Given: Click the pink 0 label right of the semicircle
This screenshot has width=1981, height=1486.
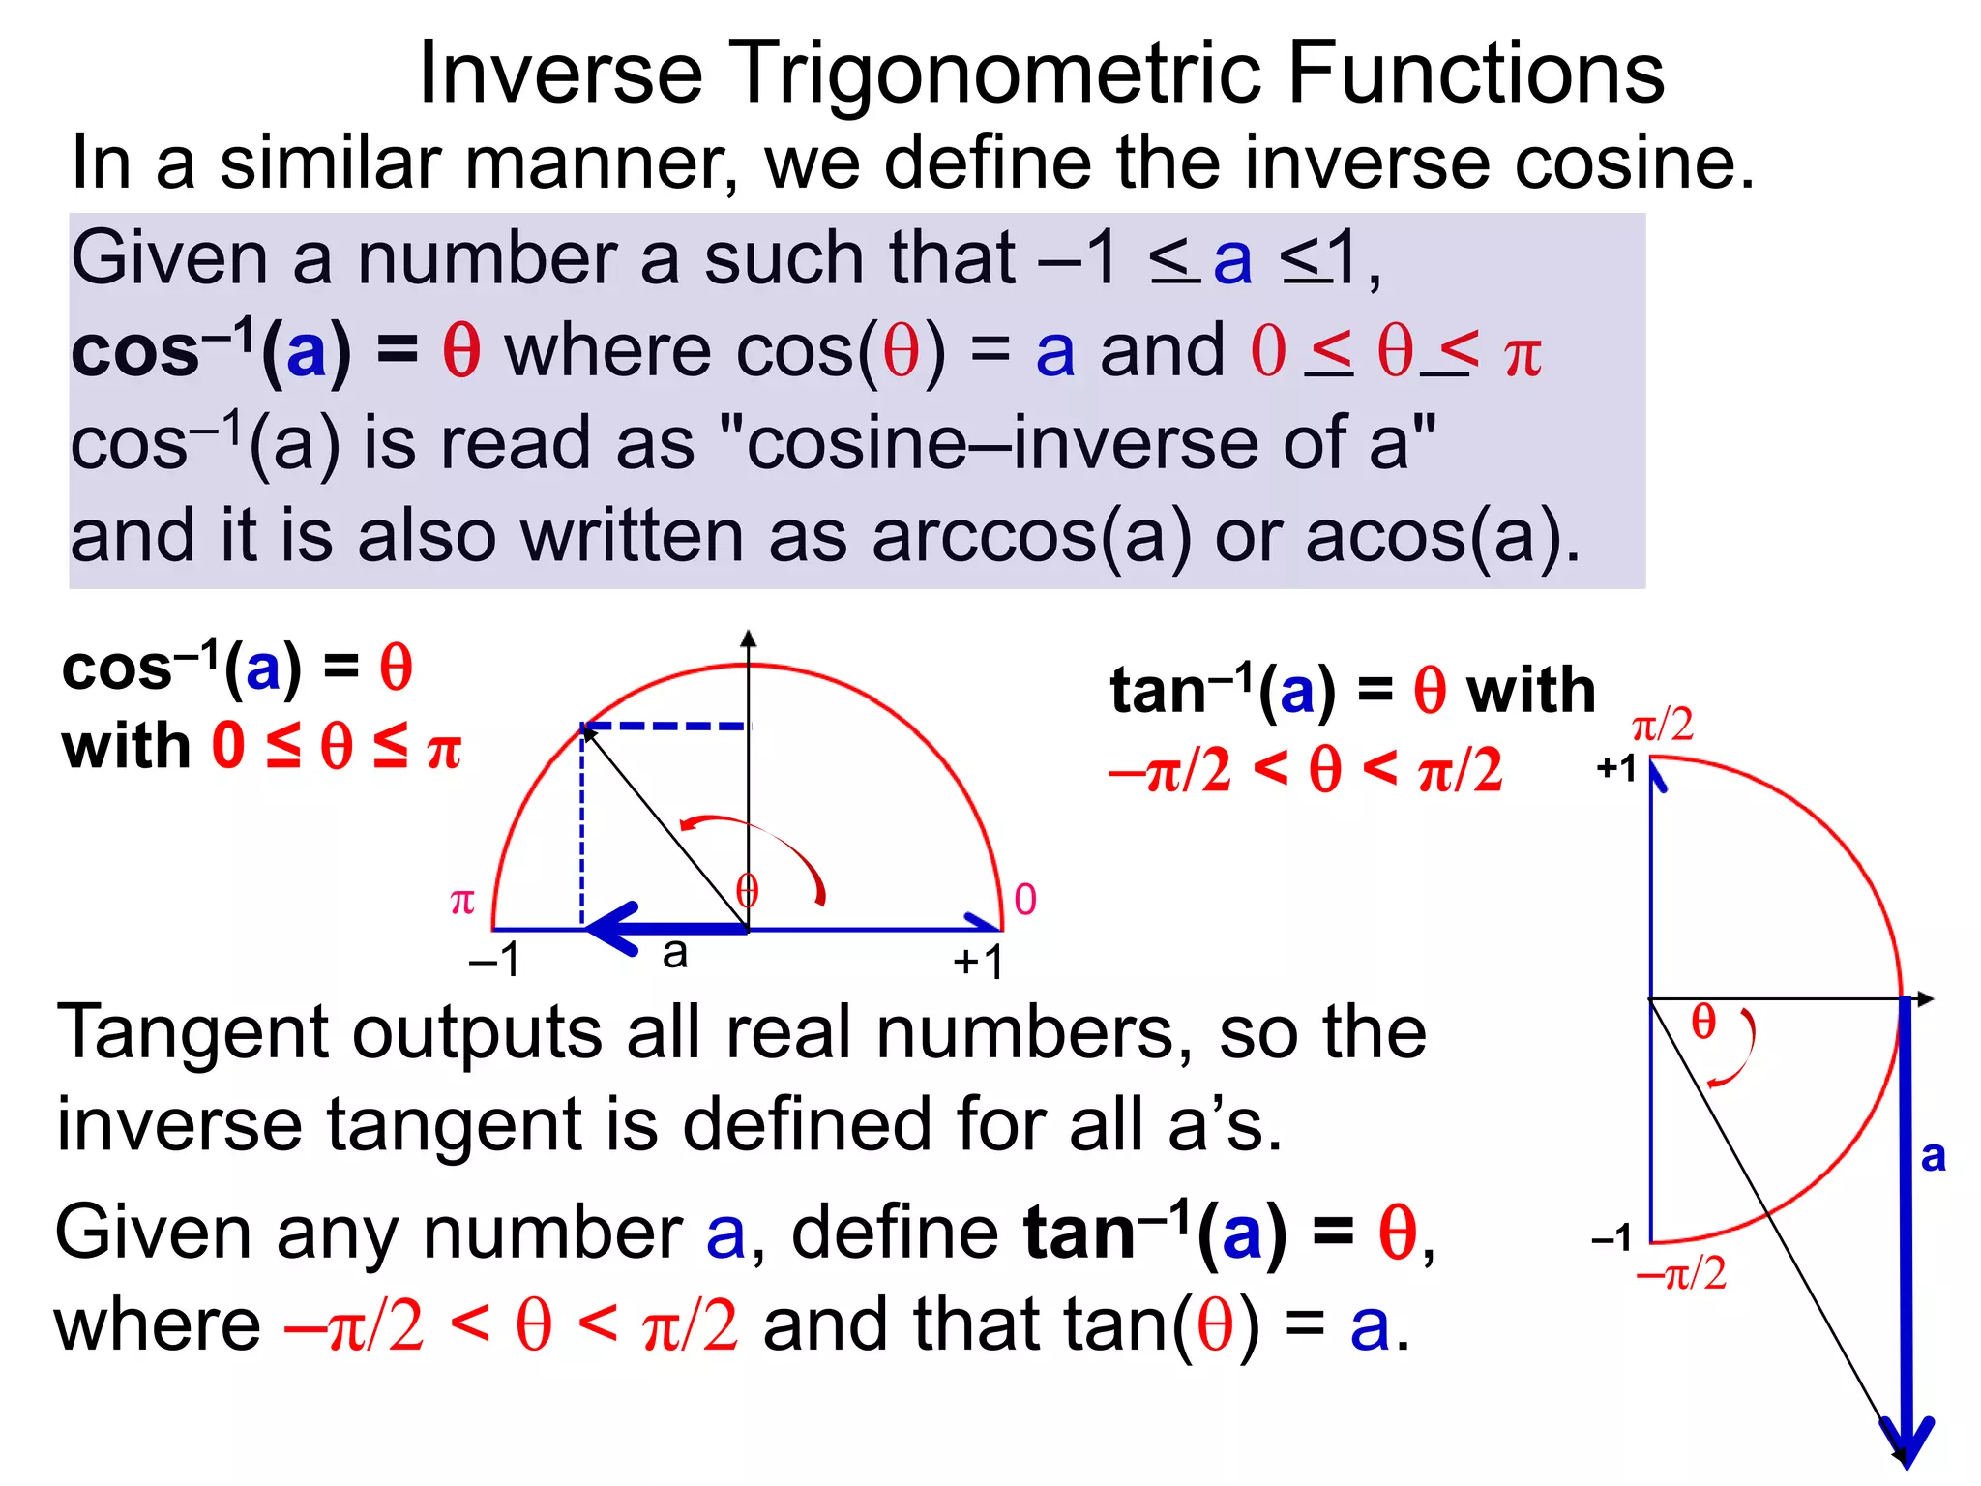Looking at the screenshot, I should [x=1025, y=900].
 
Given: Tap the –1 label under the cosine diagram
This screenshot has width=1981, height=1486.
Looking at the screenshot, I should [x=495, y=961].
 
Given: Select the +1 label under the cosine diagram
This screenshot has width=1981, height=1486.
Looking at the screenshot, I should [x=978, y=962].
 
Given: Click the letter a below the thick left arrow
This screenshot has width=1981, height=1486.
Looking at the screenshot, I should [x=675, y=954].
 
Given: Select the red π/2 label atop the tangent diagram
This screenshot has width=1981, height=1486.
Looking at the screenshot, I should [x=1662, y=725].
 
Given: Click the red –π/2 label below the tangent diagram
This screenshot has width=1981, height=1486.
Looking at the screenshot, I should [x=1681, y=1273].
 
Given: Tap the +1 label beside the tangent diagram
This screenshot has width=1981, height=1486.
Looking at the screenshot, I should [x=1616, y=768].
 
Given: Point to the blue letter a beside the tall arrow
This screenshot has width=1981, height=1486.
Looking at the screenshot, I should [x=1933, y=1156].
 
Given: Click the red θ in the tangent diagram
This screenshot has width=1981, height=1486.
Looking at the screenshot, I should [x=1703, y=1022].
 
